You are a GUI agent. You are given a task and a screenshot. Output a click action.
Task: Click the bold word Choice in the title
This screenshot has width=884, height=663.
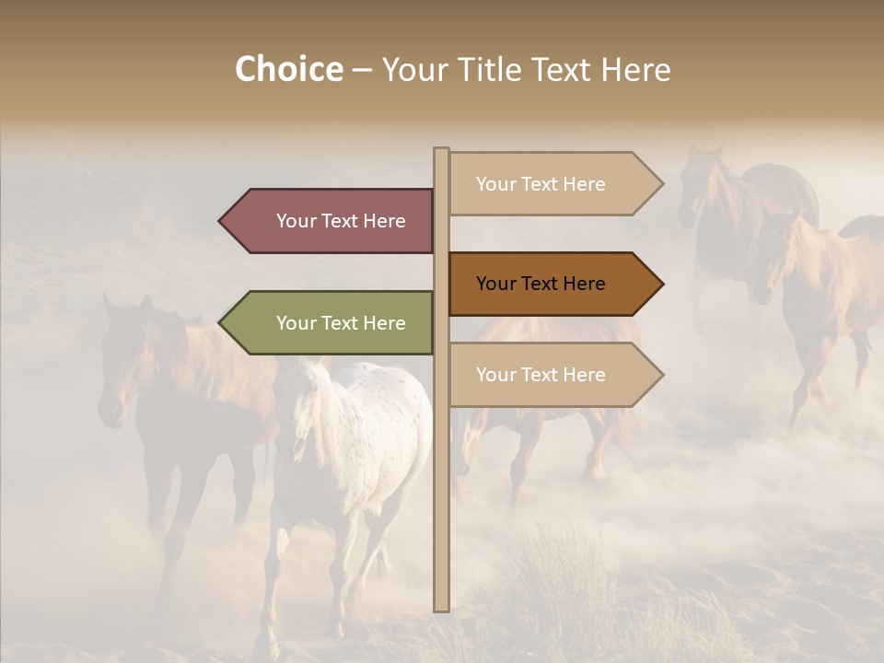click(x=288, y=70)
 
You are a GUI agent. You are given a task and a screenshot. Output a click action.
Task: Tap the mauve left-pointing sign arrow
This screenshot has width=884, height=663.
click(x=327, y=221)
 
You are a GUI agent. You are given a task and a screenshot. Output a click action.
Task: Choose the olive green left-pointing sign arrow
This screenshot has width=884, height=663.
click(x=327, y=323)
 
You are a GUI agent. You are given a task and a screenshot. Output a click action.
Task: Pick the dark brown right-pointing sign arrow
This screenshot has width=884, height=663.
click(x=552, y=284)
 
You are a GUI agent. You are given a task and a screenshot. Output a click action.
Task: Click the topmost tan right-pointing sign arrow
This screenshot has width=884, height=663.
click(x=552, y=184)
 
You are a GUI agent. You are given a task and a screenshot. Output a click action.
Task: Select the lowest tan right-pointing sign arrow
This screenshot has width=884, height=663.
click(x=552, y=375)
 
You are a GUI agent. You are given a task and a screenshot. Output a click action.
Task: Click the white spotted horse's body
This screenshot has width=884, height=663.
click(x=368, y=433)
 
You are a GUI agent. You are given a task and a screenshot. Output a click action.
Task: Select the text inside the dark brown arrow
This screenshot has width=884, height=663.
click(x=541, y=284)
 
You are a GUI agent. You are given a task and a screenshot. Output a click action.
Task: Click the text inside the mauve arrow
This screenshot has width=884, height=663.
click(x=341, y=221)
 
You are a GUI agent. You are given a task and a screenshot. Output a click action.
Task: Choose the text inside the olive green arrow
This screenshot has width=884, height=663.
click(x=341, y=323)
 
